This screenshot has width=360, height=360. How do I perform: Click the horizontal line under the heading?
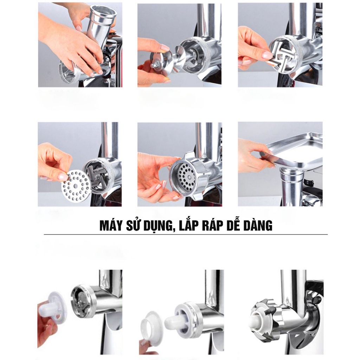point(186,234)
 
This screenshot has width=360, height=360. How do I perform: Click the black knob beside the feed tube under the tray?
point(309,182)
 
